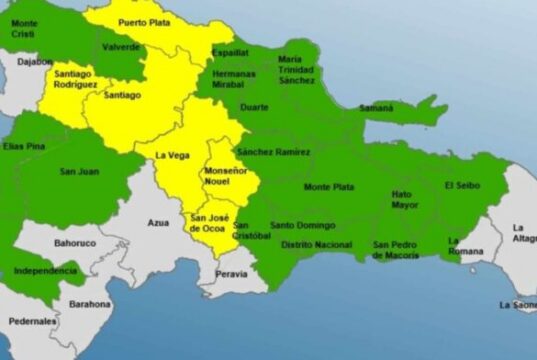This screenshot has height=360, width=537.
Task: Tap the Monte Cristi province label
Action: point(25,28)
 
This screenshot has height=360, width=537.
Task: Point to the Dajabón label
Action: point(35,62)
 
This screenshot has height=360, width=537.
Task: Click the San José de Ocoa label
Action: point(209,224)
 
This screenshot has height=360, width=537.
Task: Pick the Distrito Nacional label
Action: point(317,244)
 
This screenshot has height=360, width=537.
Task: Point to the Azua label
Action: point(158,222)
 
